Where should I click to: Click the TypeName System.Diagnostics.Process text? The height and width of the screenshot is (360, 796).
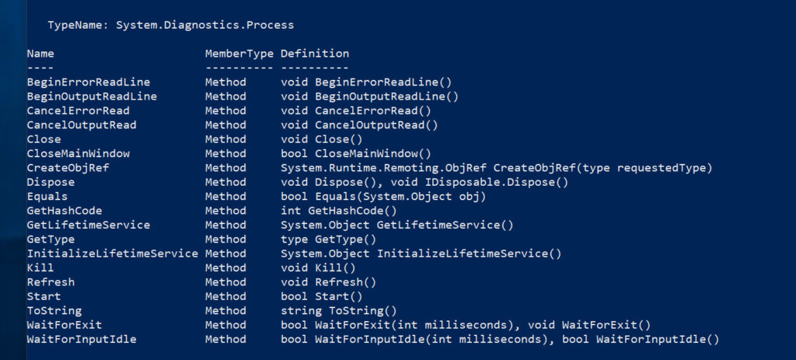click(x=171, y=25)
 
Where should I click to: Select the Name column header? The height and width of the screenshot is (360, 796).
click(x=40, y=54)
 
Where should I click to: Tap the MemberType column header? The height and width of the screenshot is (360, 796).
click(x=239, y=54)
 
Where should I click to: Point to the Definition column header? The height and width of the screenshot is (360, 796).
click(x=315, y=54)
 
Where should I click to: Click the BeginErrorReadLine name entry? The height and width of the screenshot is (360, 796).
click(x=89, y=82)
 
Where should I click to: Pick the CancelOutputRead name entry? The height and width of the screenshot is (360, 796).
click(x=82, y=124)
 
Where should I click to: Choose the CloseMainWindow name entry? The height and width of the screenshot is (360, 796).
click(x=79, y=153)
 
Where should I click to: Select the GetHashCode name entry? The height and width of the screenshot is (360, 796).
click(x=65, y=211)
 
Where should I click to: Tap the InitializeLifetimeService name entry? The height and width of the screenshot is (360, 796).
click(x=113, y=253)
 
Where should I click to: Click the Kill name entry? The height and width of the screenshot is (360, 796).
click(x=40, y=267)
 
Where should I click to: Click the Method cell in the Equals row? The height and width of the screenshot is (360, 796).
click(x=225, y=197)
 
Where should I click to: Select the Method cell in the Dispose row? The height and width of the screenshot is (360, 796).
click(x=225, y=182)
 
